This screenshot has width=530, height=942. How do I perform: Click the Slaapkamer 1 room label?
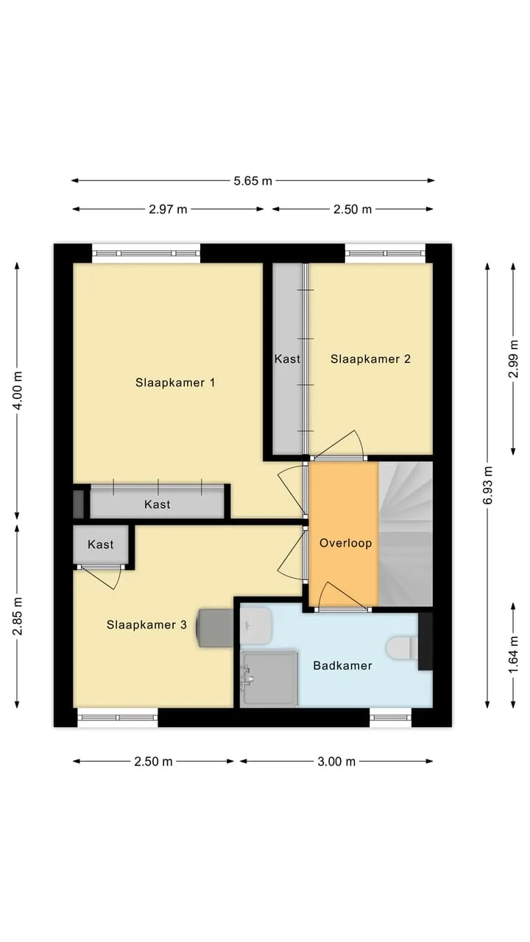(x=175, y=383)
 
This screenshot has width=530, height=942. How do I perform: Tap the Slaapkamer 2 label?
(x=370, y=359)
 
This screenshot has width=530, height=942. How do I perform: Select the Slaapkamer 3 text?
(x=146, y=625)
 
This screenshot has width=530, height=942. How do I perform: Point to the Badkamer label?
(x=342, y=666)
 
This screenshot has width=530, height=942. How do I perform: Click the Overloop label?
(x=346, y=543)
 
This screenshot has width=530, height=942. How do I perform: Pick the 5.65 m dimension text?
(x=252, y=181)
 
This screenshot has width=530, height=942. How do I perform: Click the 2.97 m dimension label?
(x=168, y=210)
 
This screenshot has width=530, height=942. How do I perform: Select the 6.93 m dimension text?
(x=487, y=485)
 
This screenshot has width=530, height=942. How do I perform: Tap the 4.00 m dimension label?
(x=17, y=391)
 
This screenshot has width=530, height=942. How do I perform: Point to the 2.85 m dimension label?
(x=17, y=616)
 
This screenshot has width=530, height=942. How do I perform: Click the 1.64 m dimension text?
(x=513, y=655)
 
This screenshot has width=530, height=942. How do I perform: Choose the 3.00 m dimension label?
(x=336, y=762)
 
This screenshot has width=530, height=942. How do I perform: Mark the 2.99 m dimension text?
(x=513, y=358)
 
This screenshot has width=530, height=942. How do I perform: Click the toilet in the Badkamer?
(x=403, y=648)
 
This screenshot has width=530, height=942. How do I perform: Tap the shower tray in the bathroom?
(x=269, y=679)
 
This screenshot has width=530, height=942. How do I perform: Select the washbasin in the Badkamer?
(x=255, y=626)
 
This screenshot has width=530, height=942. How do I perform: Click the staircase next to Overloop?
(x=406, y=534)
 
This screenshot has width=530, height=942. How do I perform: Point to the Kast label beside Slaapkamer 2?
(x=287, y=359)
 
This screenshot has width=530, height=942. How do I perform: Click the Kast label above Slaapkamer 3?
(x=101, y=545)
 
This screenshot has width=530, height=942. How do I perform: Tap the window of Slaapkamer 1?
(x=146, y=253)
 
